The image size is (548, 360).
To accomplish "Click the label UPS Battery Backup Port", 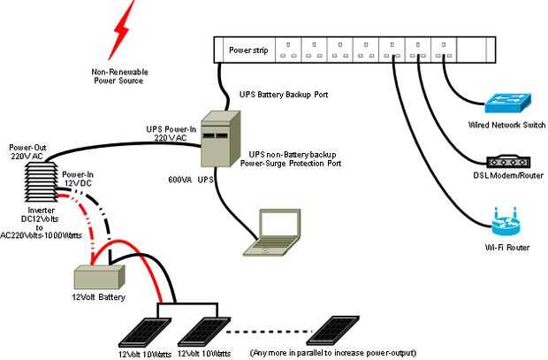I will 284,93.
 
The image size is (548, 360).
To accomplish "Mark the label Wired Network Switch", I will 506,126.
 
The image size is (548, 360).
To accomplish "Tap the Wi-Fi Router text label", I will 507,248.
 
